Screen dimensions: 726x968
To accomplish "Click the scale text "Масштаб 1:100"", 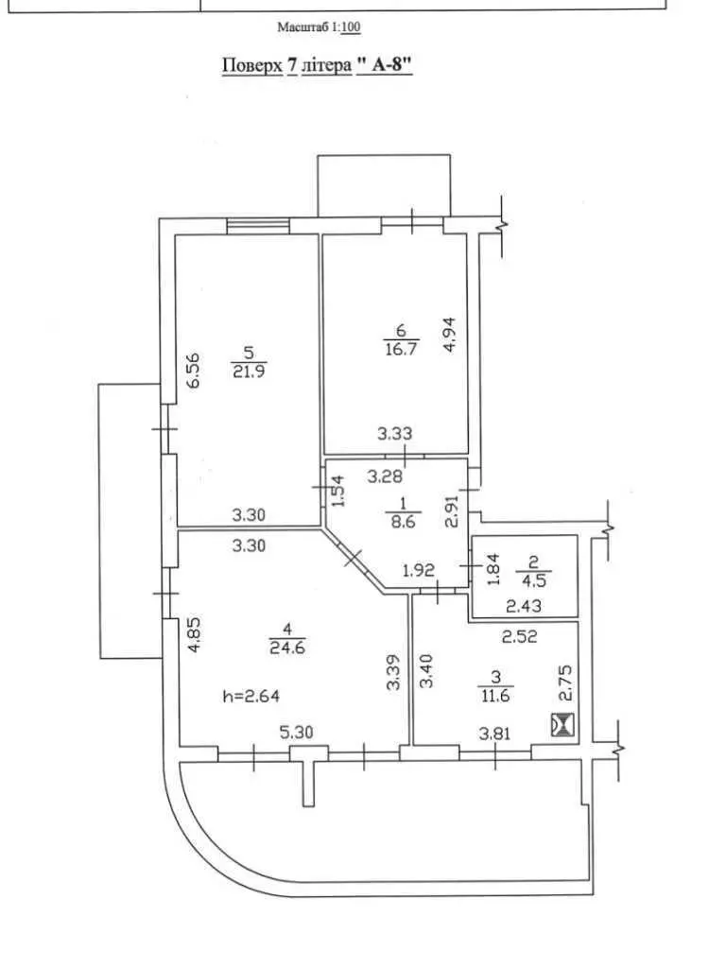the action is (x=319, y=27).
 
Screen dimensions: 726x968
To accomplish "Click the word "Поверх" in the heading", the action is (x=251, y=65).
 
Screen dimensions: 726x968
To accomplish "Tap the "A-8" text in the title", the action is (x=384, y=65).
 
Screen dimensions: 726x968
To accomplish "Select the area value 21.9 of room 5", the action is (x=249, y=371).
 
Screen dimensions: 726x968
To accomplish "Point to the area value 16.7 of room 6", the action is (x=401, y=348).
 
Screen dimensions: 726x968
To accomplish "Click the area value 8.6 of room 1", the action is (x=403, y=521).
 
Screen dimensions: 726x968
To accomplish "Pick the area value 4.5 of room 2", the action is (x=534, y=580).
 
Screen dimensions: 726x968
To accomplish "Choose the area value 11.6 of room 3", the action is (x=495, y=695).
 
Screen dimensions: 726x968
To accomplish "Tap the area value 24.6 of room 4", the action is (x=287, y=648).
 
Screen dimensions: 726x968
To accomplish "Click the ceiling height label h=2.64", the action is (x=251, y=697).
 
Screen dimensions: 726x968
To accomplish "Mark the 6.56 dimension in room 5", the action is (x=194, y=370).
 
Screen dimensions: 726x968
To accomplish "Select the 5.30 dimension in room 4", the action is (x=296, y=733).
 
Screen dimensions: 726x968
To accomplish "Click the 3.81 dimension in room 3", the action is (x=495, y=733).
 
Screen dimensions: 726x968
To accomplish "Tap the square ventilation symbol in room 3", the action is (x=562, y=724).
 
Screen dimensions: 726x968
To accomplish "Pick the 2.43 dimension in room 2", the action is (x=524, y=606).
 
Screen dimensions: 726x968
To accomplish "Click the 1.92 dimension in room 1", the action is (x=419, y=570).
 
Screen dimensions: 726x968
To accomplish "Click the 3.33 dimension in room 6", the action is (x=395, y=433).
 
